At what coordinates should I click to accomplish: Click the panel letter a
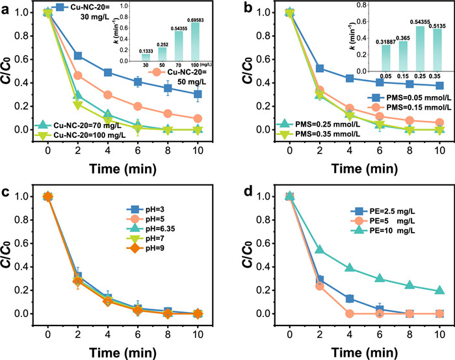point(7,8)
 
